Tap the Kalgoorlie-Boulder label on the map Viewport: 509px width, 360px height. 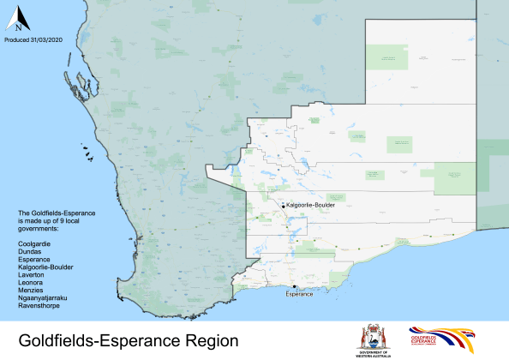(x=310, y=206)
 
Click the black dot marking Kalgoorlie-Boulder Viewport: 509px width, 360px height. (x=283, y=206)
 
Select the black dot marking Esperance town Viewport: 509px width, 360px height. (x=294, y=286)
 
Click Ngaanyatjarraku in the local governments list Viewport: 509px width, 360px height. (x=42, y=297)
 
